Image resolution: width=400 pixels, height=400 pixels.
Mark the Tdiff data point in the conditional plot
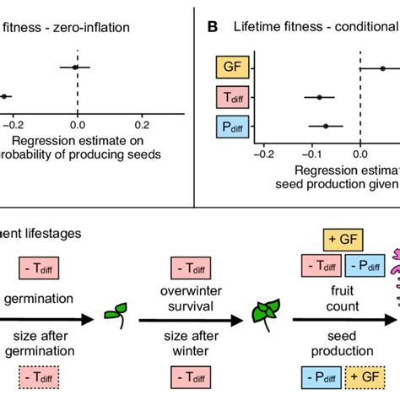tap(319, 98)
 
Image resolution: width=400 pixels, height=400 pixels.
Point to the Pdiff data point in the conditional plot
tap(326, 127)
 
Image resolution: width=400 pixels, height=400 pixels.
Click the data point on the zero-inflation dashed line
tap(75, 66)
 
